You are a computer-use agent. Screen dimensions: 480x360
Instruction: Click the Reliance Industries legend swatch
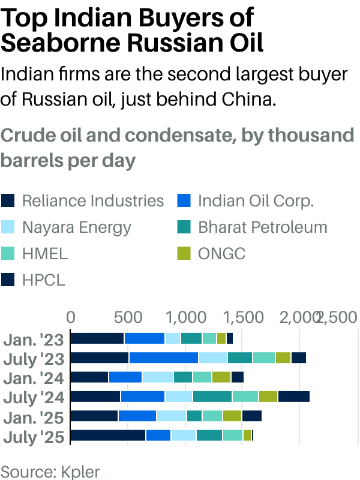(8, 200)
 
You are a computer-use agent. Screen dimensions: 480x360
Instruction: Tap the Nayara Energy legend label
(76, 227)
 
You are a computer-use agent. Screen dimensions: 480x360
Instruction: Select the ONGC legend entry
(221, 254)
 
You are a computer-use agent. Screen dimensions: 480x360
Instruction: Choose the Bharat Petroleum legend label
(262, 227)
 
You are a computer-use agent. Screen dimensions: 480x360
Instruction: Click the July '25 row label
(34, 436)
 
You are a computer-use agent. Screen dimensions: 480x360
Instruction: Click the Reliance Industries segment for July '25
(108, 436)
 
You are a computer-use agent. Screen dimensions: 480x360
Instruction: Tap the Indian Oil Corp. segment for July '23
(163, 358)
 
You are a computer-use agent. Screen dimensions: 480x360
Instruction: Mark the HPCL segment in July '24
(293, 397)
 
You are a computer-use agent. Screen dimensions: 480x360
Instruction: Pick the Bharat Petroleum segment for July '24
(212, 397)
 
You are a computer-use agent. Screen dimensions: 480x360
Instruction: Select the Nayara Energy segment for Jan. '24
(157, 377)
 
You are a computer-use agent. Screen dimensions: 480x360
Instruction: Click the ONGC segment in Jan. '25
(232, 416)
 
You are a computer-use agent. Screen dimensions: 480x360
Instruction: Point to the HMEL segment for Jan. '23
(209, 338)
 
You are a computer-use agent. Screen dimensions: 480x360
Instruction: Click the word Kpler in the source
(80, 470)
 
